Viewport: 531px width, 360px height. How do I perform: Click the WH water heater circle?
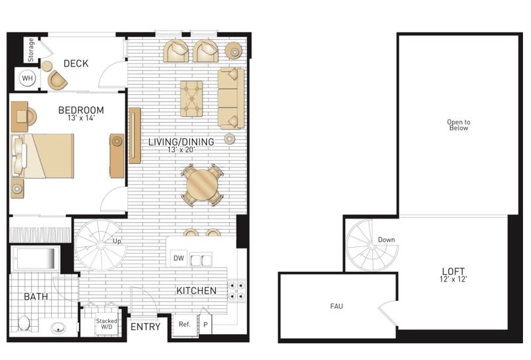(x=27, y=78)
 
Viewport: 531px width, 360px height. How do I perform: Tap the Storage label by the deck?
(x=31, y=50)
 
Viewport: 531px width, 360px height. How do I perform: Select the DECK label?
(x=76, y=63)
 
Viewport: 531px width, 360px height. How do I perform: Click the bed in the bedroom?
(x=42, y=155)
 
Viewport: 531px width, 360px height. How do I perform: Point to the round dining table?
(x=202, y=185)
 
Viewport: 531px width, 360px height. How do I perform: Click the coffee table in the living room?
(x=191, y=99)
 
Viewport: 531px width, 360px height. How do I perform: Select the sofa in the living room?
(x=231, y=98)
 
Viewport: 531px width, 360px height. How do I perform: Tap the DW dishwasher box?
(x=179, y=258)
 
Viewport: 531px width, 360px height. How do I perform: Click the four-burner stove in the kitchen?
(x=236, y=291)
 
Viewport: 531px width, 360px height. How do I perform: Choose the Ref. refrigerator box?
(x=185, y=325)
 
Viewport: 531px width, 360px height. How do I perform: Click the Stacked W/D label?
(x=107, y=323)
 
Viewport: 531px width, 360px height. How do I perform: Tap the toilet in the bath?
(x=24, y=323)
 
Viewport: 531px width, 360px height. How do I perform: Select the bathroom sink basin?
(x=58, y=328)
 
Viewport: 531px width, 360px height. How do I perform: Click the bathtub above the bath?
(x=35, y=258)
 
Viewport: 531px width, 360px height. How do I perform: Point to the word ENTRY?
(x=145, y=327)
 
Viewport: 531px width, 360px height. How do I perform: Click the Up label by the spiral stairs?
(x=117, y=241)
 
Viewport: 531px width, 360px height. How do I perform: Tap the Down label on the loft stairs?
(x=386, y=240)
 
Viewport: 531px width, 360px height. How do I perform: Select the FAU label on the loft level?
(x=337, y=306)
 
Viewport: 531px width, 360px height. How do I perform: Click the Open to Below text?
(x=459, y=125)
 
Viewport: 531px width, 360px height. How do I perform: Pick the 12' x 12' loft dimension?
(x=453, y=280)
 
